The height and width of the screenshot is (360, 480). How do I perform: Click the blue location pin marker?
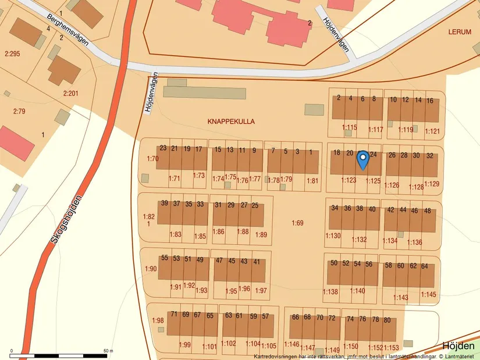coord(362,159)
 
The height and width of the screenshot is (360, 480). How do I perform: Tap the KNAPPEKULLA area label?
coord(231,122)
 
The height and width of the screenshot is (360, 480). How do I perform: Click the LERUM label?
coord(460,33)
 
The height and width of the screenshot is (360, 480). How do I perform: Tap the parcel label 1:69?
coord(297,223)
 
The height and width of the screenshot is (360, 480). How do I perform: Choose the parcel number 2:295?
coord(12,54)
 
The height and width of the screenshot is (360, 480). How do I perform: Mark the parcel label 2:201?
coord(70,93)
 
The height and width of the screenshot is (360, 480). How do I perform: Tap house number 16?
coord(429,100)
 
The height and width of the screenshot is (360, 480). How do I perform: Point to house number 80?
coord(387,320)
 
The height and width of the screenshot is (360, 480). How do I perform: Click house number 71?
coord(174,315)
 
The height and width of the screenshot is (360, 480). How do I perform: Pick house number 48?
coord(428,211)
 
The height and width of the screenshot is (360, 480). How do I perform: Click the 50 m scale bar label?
coord(108,351)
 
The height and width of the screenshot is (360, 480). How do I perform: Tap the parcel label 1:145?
coord(428,295)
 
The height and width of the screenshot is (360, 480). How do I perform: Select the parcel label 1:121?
coord(432,131)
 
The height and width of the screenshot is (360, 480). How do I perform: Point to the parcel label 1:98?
coord(158,320)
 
